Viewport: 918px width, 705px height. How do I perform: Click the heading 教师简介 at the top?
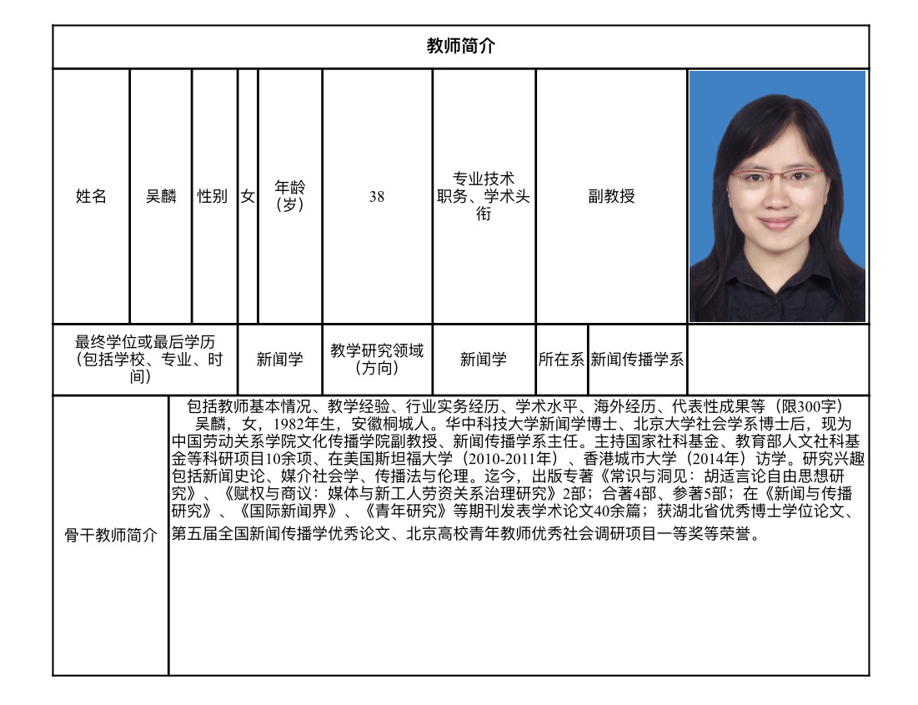[x=460, y=47]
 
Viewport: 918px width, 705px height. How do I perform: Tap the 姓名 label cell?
[x=91, y=197]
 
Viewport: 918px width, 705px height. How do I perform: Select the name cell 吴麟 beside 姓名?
[x=161, y=197]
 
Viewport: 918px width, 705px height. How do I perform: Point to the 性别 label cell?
[x=213, y=197]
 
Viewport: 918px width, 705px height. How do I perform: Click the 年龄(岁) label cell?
[x=289, y=196]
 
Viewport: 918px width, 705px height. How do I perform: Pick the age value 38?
[x=377, y=197]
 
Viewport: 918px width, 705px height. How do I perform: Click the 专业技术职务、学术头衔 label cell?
[x=484, y=197]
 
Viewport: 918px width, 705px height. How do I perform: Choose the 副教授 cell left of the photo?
[x=611, y=197]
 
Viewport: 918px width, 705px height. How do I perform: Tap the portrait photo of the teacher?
[x=777, y=197]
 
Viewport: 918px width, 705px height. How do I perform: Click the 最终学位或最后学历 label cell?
[x=145, y=359]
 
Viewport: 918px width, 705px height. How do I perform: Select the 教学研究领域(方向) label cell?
[x=377, y=359]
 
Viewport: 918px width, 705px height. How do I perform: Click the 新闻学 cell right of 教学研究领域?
[x=484, y=360]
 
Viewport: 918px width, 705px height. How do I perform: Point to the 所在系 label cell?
[x=561, y=360]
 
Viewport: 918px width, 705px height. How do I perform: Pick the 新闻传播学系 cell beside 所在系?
[x=637, y=360]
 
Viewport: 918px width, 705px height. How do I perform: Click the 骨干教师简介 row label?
[x=111, y=536]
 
